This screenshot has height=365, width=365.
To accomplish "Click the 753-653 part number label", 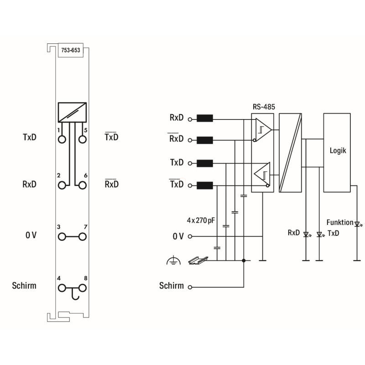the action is (71, 50).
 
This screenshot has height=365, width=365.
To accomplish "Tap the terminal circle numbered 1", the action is (62, 140).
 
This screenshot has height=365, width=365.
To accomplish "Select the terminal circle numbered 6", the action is (83, 185).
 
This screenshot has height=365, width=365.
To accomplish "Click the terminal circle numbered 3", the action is (62, 237).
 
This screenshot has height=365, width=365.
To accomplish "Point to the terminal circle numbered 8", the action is (83, 288).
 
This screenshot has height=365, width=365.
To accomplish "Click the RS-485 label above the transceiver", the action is (264, 107).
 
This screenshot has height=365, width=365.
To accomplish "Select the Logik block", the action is (337, 153).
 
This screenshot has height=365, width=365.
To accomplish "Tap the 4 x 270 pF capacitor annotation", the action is (201, 220).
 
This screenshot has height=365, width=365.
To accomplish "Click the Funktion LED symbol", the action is (358, 224).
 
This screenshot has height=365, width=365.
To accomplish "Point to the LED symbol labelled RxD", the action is (307, 235).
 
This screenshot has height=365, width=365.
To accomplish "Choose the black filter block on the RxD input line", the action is (205, 118).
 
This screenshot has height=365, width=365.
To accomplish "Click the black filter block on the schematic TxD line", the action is (205, 163).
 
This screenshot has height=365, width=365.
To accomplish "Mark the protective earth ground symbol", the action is (173, 260).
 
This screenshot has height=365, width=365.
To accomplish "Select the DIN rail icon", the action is (198, 261).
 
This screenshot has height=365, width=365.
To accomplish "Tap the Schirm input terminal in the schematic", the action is (190, 287).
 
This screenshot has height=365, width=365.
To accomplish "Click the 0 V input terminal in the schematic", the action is (190, 236).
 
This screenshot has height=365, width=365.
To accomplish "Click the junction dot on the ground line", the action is (244, 261).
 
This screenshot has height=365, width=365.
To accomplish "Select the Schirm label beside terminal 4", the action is (24, 286).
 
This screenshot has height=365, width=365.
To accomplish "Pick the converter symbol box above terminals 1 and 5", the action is (72, 112).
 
